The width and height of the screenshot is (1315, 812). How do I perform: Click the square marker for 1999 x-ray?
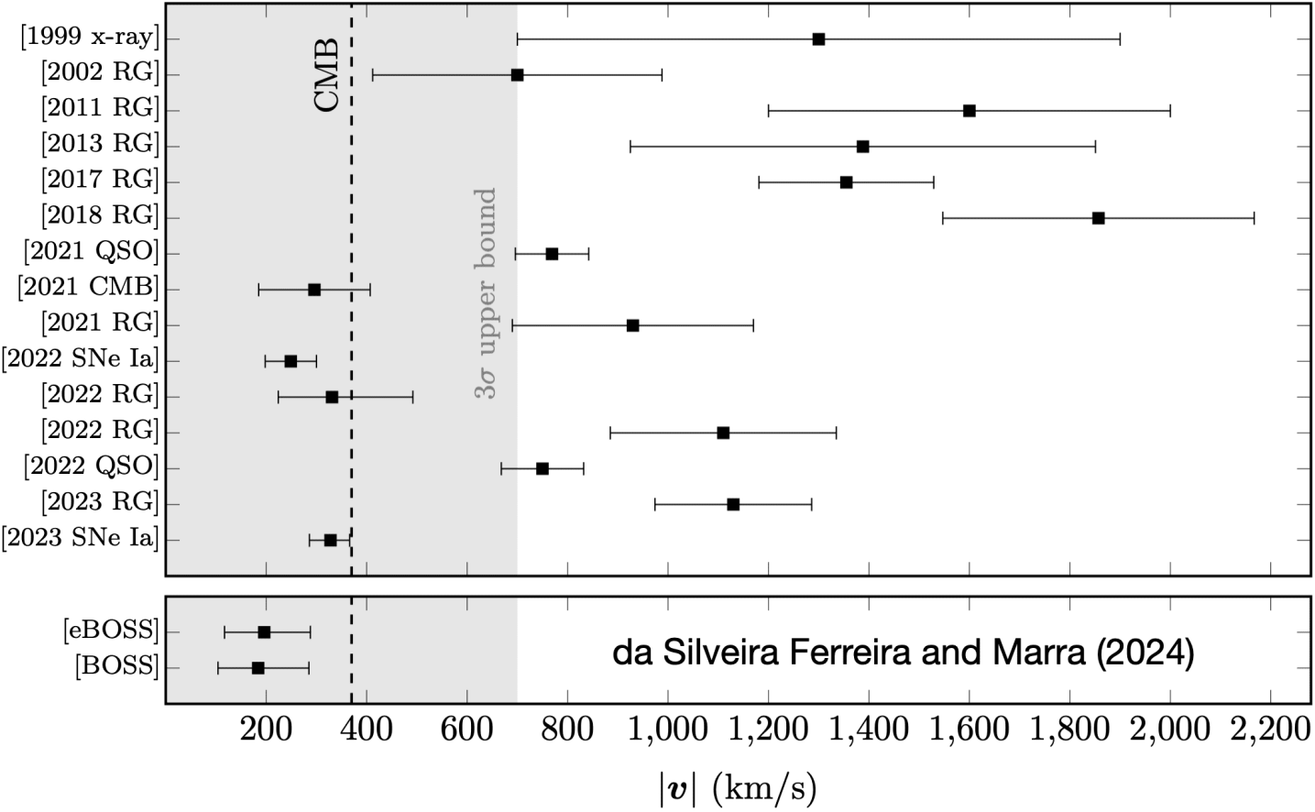point(818,39)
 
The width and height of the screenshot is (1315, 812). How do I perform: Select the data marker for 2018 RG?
point(1098,218)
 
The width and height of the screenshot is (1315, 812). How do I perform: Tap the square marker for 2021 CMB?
point(314,290)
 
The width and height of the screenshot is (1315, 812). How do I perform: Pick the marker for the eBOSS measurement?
point(264,632)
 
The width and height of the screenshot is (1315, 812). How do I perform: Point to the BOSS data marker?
point(258,668)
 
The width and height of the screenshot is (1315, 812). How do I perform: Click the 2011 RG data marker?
point(970,111)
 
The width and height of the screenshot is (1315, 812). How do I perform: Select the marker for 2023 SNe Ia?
point(330,540)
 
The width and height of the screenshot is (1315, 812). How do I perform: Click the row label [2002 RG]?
point(100,73)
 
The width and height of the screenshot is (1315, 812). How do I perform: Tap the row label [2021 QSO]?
point(92,252)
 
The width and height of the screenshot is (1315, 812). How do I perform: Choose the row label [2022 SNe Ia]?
point(81,359)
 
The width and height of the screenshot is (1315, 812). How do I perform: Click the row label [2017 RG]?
point(100,181)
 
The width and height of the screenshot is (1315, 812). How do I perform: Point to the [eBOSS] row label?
point(111,631)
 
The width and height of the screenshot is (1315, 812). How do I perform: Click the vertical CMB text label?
point(327,75)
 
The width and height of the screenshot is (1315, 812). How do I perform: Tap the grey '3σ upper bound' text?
point(486,293)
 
